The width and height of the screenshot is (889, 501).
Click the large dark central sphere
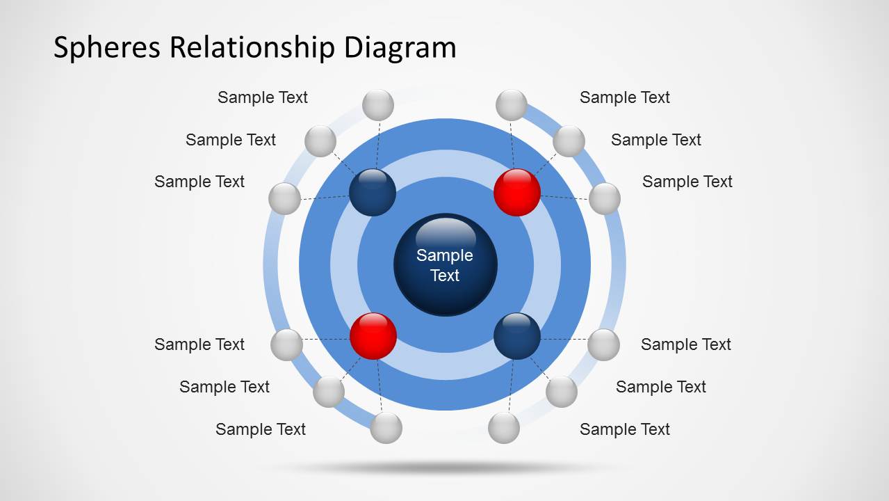[x=445, y=264]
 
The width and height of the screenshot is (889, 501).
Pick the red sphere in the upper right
[x=517, y=192]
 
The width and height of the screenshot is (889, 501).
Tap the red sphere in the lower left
[x=373, y=336]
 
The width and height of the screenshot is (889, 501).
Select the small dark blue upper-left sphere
[x=373, y=192]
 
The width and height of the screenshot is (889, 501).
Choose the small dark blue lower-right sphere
[x=517, y=336]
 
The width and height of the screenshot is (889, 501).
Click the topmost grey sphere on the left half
[x=378, y=105]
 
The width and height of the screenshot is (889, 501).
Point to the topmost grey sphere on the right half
[x=512, y=105]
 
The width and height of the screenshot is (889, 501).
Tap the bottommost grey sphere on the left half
[x=386, y=428]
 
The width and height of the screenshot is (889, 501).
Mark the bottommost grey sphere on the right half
[x=504, y=428]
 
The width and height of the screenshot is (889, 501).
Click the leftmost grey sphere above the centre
[x=284, y=198]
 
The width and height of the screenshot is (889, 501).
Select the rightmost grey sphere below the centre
[x=603, y=344]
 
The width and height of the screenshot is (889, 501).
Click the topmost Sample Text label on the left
[x=263, y=97]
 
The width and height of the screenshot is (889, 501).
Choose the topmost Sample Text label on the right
[x=625, y=97]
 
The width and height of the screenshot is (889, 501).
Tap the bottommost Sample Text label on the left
[x=261, y=429]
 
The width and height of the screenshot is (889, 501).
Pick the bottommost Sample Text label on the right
[x=625, y=429]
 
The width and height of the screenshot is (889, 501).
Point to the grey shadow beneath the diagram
[x=445, y=467]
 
